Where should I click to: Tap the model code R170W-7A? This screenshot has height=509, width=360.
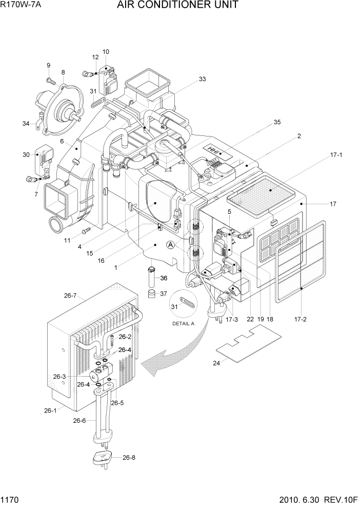pos(21,6)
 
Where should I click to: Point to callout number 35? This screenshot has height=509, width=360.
pos(276,123)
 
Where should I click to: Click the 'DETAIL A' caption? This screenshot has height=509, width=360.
pos(184,324)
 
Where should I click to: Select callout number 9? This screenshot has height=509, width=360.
pos(49,65)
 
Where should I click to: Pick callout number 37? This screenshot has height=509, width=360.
pos(164,293)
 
